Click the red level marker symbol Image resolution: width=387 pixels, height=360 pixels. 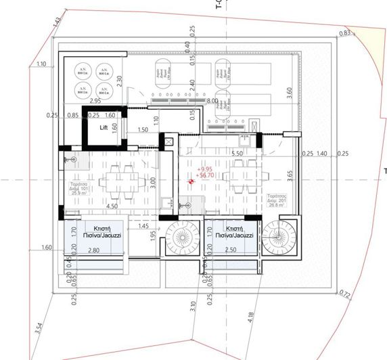[x=191, y=181]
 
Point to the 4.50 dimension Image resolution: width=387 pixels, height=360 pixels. [x=113, y=206]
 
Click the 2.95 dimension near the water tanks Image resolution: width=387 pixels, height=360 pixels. [x=95, y=101]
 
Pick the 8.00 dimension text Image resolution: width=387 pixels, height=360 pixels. [x=212, y=101]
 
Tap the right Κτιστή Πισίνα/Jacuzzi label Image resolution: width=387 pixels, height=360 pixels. [x=232, y=232]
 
